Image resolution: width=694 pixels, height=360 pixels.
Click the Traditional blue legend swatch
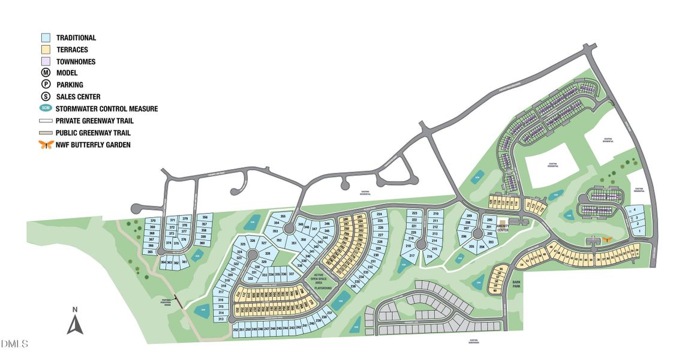click(46, 38)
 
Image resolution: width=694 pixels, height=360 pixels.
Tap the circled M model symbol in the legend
click(46, 73)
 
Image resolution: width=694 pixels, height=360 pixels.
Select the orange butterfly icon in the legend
click(46, 145)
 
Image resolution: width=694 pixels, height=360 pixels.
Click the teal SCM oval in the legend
click(46, 109)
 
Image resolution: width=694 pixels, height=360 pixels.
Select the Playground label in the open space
click(323, 288)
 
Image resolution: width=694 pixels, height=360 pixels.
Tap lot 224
click(379, 214)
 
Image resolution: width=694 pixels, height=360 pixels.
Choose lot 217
click(411, 256)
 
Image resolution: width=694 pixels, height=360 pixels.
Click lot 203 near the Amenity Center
click(491, 242)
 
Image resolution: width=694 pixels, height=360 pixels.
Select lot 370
click(152, 221)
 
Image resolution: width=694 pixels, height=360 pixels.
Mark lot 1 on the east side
click(639, 231)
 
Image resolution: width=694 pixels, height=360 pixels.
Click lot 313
click(221, 319)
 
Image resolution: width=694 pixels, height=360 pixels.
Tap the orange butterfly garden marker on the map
click(607, 239)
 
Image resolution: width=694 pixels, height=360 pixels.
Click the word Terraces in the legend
click(72, 50)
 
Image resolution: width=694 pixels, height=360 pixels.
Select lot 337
click(292, 274)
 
